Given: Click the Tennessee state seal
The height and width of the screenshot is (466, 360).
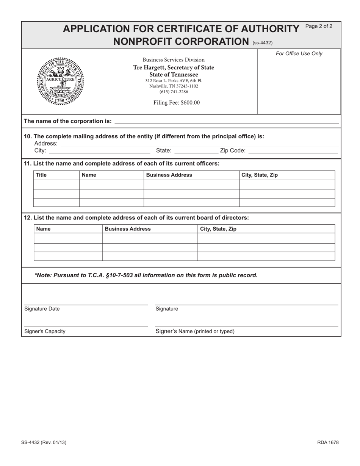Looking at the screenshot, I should (60, 81).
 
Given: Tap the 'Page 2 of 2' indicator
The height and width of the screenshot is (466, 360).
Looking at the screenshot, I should (319, 27).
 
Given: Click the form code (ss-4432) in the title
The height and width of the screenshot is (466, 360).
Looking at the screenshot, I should (262, 43).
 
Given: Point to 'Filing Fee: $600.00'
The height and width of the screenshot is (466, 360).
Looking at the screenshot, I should (176, 103).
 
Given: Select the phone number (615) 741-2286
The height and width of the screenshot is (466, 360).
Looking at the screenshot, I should (174, 92).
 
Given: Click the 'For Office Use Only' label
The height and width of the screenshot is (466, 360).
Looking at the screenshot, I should (299, 54).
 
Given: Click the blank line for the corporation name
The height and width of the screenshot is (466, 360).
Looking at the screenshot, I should (226, 121).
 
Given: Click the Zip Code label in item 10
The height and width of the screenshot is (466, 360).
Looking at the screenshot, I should (233, 151).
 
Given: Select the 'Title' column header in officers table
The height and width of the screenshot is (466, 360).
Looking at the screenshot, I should (41, 175).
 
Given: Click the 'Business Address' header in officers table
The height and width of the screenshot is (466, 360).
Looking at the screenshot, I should (169, 175).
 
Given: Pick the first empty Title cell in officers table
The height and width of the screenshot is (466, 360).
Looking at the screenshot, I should (56, 185).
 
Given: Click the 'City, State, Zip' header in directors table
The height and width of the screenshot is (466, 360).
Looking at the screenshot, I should (218, 229).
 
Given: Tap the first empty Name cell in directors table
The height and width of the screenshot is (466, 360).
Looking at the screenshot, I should (68, 238).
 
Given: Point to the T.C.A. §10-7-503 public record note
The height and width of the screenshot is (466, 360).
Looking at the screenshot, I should (146, 275).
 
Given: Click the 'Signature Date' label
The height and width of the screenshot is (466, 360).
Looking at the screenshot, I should (42, 309).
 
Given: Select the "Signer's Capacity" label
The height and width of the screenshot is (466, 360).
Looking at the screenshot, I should (45, 331).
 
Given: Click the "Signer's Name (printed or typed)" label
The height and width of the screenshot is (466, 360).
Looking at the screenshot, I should (195, 331).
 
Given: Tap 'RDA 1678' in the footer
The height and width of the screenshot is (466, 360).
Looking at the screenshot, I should (328, 442).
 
